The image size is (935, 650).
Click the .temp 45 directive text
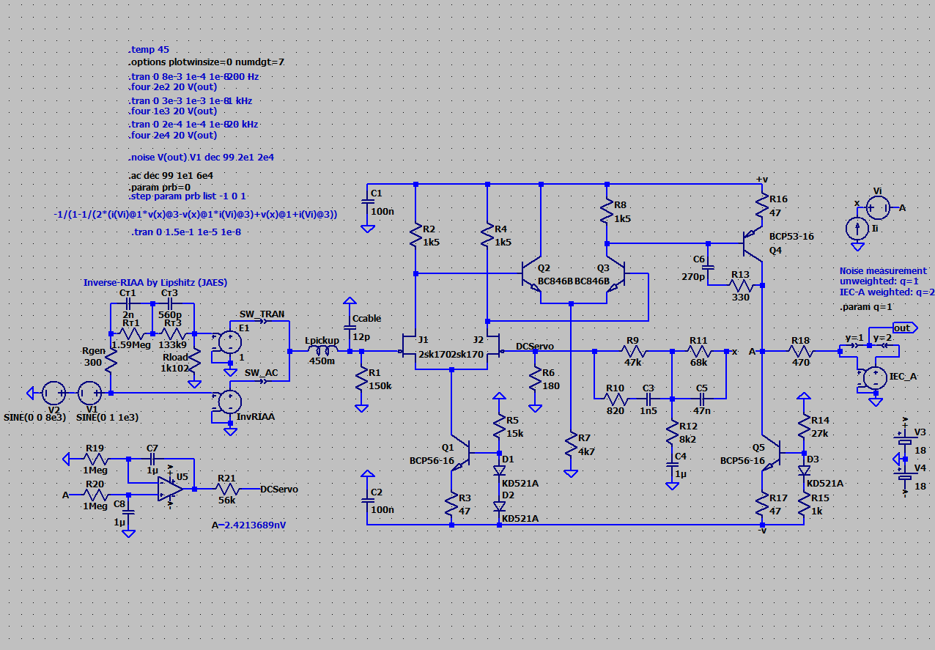click(x=149, y=50)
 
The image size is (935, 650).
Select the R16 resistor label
click(x=778, y=199)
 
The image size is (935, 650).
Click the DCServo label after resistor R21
click(x=279, y=490)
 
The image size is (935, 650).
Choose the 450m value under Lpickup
click(x=322, y=361)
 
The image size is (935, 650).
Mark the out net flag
click(x=902, y=328)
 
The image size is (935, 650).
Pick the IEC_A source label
click(x=903, y=376)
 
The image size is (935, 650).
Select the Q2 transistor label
click(x=543, y=268)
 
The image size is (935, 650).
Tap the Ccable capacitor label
click(x=366, y=319)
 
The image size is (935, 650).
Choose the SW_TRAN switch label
click(x=262, y=314)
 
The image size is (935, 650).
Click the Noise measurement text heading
click(x=883, y=270)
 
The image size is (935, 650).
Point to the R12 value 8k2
click(x=688, y=439)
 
